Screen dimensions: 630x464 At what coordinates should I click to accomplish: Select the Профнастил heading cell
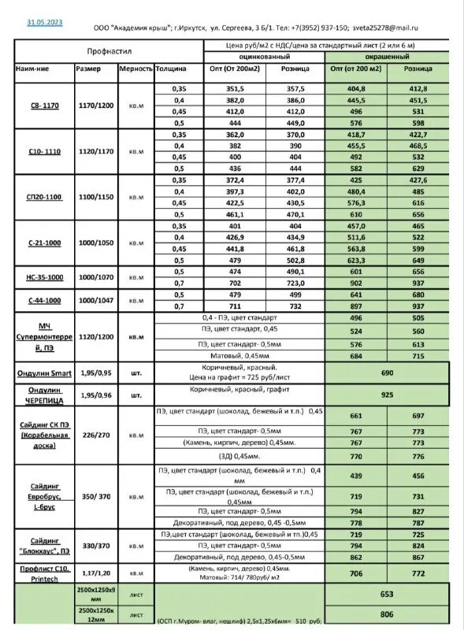109,51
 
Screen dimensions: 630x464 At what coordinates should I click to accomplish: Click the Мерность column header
135,69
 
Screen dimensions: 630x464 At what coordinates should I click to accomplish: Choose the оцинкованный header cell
263,57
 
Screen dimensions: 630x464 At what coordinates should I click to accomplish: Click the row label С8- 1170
45,106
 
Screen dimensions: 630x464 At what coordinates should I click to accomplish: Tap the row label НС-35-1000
45,277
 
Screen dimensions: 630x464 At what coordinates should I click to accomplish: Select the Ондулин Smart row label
44,372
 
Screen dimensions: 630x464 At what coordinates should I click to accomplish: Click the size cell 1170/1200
95,106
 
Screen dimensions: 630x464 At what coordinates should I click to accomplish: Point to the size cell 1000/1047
95,300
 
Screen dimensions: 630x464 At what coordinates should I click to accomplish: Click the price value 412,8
418,89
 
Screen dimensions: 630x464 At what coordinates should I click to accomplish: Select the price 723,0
295,283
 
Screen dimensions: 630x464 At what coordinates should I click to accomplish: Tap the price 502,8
295,261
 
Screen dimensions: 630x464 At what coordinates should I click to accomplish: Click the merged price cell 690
387,372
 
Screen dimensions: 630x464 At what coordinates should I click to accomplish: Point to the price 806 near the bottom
387,613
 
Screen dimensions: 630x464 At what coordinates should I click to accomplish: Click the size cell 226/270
95,435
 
